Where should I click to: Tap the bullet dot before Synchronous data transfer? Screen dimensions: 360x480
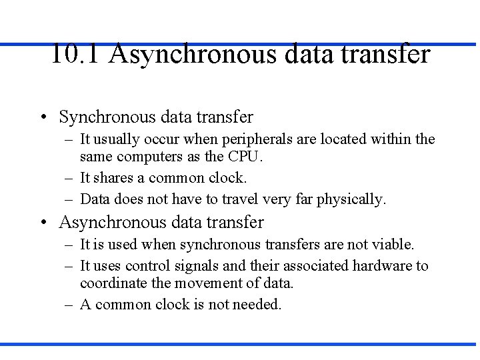[x=42, y=118]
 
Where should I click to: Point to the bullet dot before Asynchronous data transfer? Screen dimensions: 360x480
[x=42, y=223]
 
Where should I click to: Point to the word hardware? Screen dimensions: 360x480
[x=383, y=266]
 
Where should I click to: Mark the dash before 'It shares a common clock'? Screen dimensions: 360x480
[x=69, y=178]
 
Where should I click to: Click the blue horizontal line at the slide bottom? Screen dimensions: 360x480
[x=240, y=344]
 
